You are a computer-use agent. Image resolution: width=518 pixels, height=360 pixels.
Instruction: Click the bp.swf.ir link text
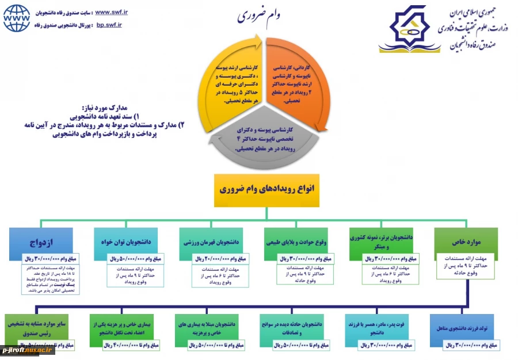pyautogui.click(x=109, y=25)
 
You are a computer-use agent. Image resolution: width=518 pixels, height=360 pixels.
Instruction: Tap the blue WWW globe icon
pyautogui.click(x=17, y=18)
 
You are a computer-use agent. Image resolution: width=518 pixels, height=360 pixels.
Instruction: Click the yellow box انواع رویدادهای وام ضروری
pyautogui.click(x=266, y=189)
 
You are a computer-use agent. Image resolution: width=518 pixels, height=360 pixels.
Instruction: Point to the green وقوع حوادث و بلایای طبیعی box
pyautogui.click(x=296, y=242)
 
